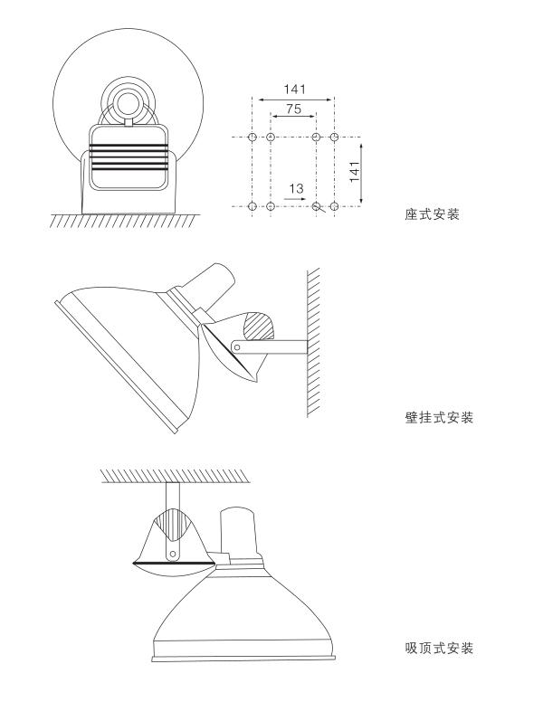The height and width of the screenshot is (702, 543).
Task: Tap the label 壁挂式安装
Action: point(440,418)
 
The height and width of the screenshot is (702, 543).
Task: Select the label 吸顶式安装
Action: point(440,649)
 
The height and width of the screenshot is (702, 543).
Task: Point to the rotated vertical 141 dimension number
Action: point(355,171)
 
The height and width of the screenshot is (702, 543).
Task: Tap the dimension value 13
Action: point(296,188)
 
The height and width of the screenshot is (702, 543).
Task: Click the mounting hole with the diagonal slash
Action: point(316,206)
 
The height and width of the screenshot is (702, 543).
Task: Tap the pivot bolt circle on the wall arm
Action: point(237,345)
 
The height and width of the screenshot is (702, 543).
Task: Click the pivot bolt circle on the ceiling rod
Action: point(172,550)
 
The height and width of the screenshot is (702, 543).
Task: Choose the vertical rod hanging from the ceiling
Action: point(172,498)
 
